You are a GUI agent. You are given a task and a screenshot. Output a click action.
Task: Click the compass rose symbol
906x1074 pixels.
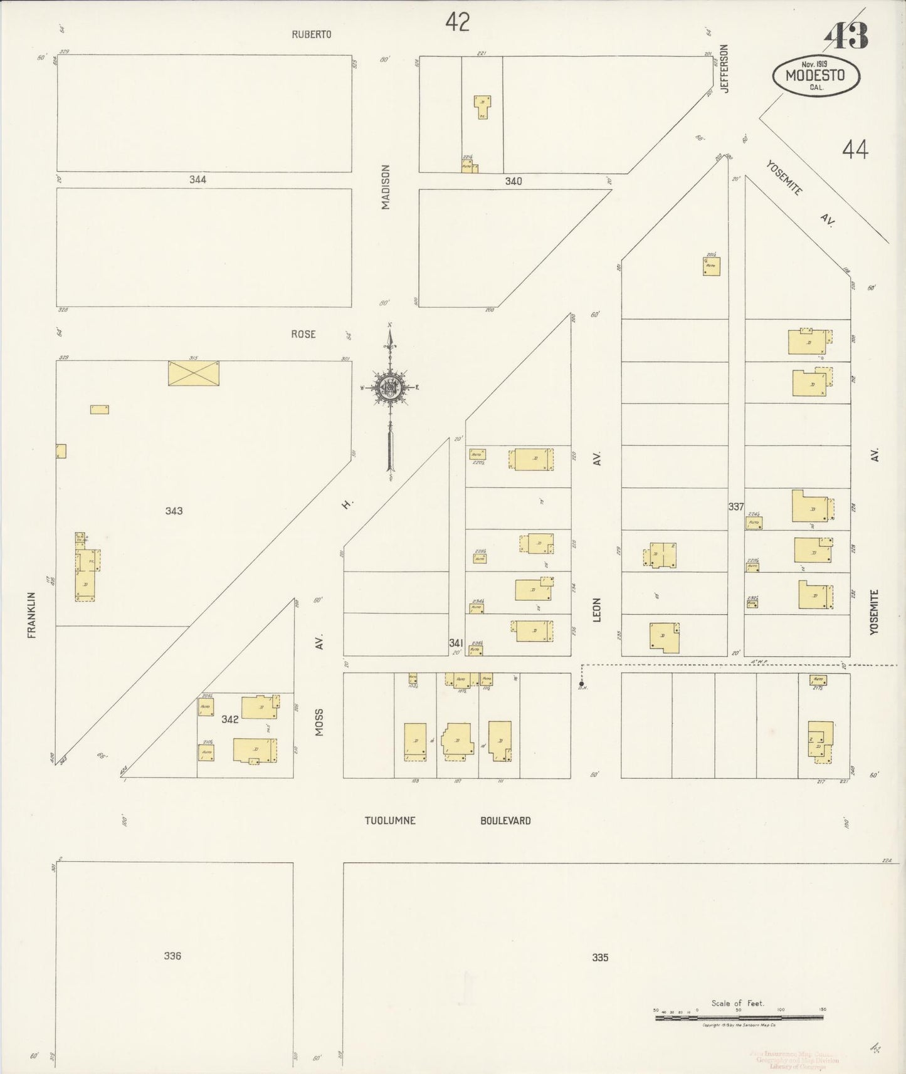coord(390,387)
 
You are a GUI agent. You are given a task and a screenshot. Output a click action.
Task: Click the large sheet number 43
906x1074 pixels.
coord(847,36)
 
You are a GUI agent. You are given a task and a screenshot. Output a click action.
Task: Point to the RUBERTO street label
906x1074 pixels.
coord(311,34)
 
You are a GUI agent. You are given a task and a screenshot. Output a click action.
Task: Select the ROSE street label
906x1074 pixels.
coord(303,335)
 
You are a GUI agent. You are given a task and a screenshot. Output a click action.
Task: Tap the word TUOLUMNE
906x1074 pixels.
coord(390,820)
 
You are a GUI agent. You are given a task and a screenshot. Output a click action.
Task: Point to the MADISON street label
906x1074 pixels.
coord(386,187)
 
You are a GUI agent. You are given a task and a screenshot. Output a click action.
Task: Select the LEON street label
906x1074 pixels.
coord(597,610)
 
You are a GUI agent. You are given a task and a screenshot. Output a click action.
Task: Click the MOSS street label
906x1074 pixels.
coord(319,722)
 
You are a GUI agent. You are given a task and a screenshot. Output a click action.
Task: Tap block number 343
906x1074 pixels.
coord(174,511)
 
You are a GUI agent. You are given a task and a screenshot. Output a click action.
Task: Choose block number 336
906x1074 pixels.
coord(172,956)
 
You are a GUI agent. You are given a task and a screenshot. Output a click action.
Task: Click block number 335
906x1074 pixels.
coord(600,957)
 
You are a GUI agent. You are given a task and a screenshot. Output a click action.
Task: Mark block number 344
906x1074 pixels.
coord(198,180)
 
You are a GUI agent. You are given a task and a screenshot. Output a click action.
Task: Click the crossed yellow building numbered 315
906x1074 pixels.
coord(193,373)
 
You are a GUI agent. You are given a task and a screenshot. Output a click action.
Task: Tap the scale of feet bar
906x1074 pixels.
coord(739,1018)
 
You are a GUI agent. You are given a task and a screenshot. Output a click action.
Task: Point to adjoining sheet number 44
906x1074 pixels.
coord(855,150)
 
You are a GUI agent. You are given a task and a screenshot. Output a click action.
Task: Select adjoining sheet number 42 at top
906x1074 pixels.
coord(457,23)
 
